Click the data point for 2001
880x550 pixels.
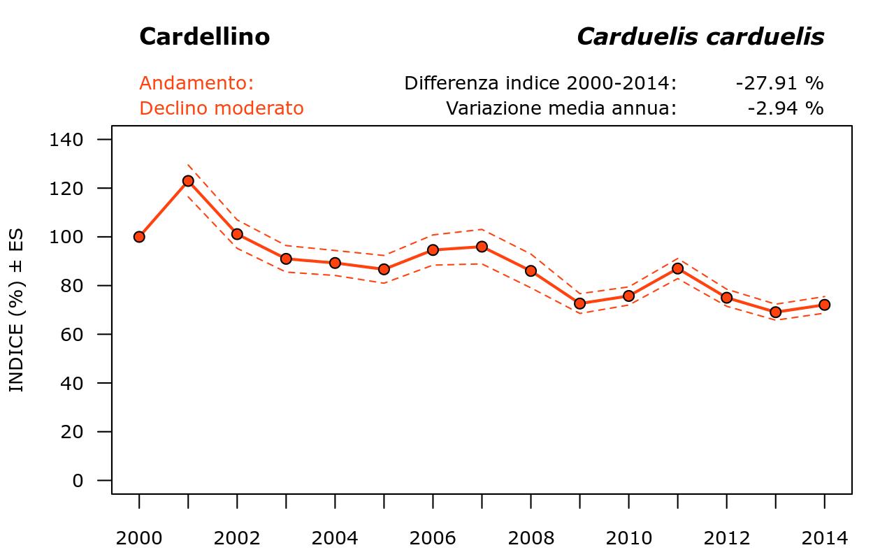[188, 181]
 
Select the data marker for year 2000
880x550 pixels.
[139, 237]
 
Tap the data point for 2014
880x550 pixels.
[824, 305]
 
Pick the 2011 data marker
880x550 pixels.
[677, 268]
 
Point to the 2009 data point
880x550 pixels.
[579, 303]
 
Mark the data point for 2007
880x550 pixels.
[482, 247]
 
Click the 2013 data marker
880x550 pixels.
[775, 312]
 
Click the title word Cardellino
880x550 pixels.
[204, 37]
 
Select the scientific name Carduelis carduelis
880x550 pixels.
[700, 37]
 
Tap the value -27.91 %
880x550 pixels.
[779, 83]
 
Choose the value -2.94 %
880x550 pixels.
[785, 108]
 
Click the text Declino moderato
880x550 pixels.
[221, 108]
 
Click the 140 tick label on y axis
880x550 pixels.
[67, 140]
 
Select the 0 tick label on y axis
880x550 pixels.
[77, 481]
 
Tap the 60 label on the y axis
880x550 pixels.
[72, 335]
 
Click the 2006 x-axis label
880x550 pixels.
[433, 538]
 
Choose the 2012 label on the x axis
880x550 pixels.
[726, 538]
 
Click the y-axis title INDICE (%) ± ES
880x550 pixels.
[16, 311]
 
